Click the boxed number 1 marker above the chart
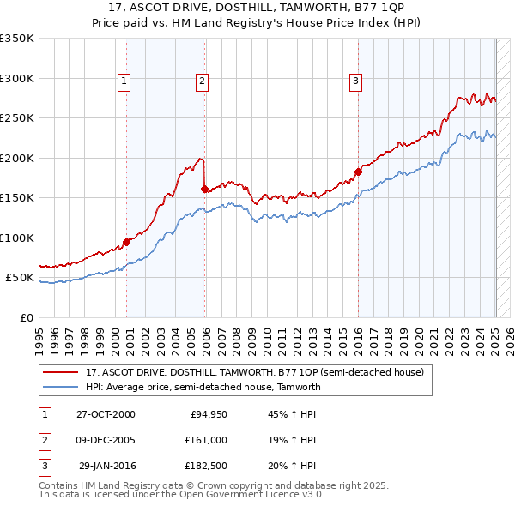(x=124, y=81)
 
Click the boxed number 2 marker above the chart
(x=202, y=81)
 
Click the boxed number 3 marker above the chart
(x=355, y=81)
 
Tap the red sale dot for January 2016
(x=358, y=172)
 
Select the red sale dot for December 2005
(x=204, y=189)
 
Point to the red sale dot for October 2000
(x=126, y=241)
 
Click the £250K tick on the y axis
(x=17, y=118)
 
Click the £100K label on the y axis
(x=17, y=238)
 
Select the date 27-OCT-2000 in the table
(x=106, y=414)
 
